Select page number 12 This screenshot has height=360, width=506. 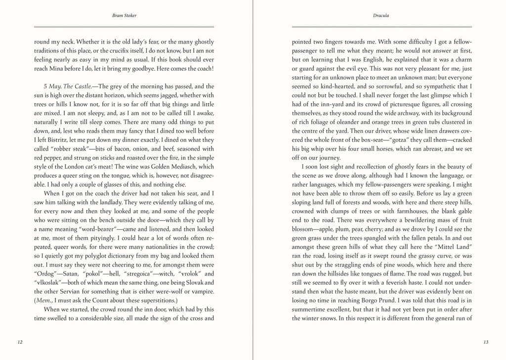coord(19,342)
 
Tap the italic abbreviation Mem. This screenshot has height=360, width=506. coord(43,301)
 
